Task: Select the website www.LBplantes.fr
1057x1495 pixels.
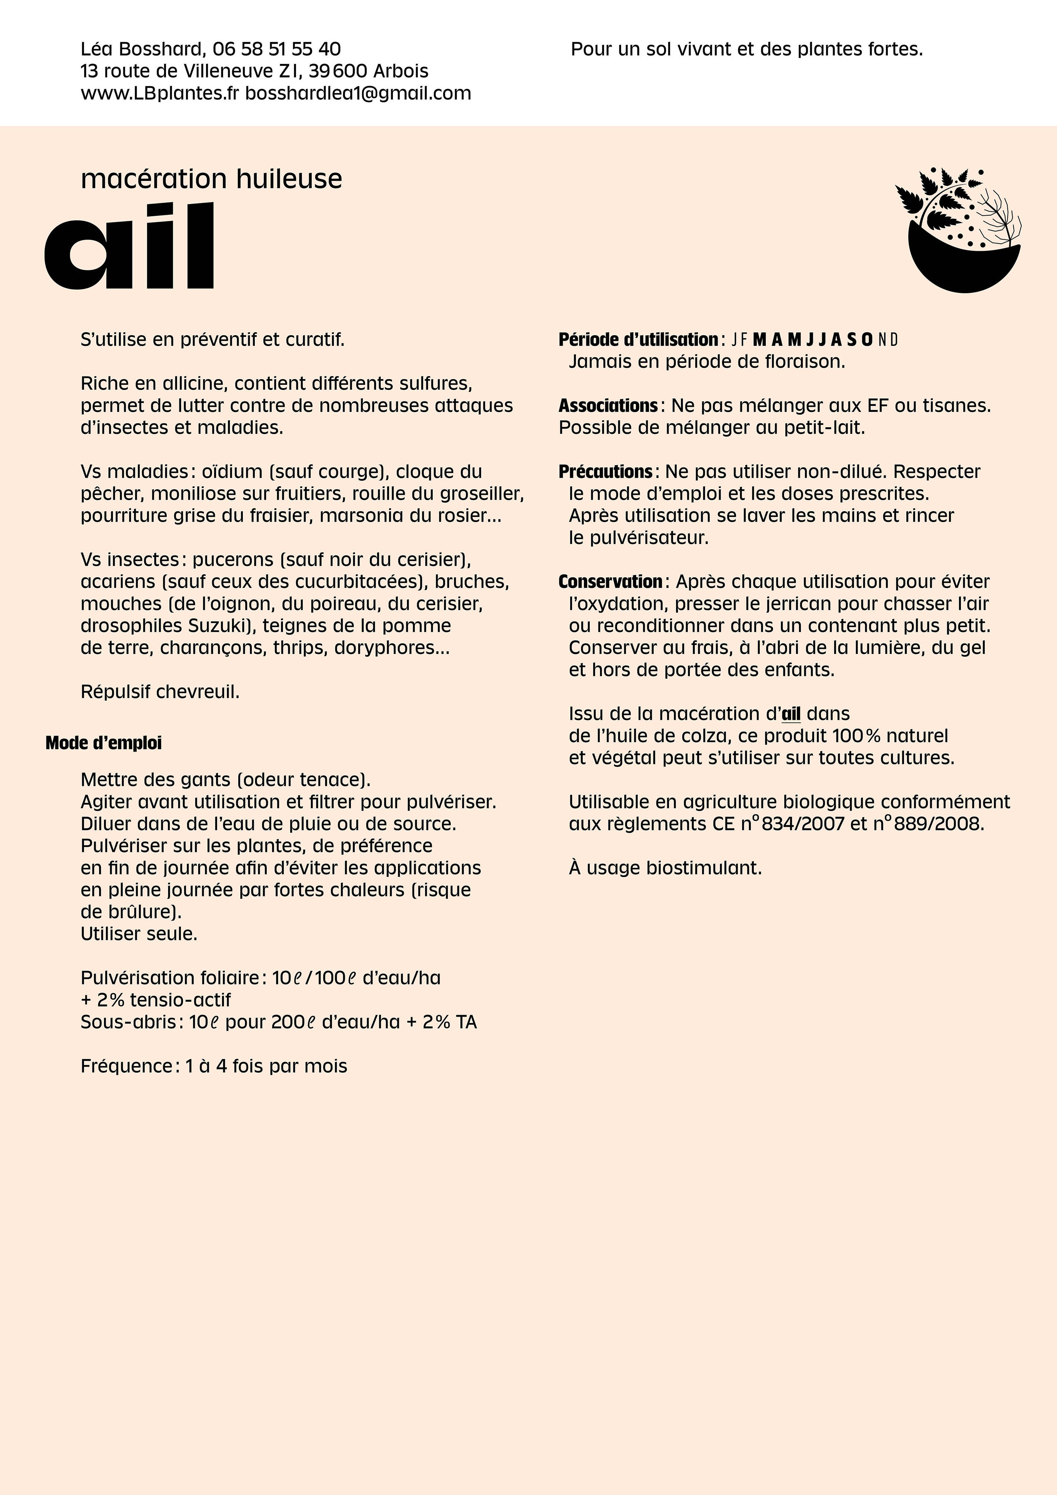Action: (x=160, y=93)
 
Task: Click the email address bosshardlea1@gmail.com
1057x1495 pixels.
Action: (x=358, y=93)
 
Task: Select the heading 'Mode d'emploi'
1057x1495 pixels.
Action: (x=104, y=743)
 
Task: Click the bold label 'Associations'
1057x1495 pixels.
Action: (x=608, y=406)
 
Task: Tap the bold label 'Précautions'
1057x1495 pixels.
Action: (x=605, y=471)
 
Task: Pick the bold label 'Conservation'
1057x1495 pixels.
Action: (x=610, y=582)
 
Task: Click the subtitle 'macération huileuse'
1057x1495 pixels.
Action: (x=211, y=178)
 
